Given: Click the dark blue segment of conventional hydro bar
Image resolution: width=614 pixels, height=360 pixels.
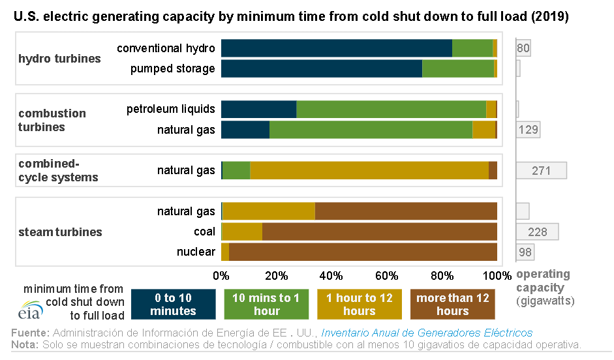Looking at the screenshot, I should click(336, 48).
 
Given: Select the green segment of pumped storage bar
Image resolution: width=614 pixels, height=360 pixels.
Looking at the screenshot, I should click(458, 68).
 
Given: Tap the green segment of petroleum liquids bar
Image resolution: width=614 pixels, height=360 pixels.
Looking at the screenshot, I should click(391, 109).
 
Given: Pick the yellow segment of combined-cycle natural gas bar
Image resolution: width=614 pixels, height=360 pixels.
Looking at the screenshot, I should click(369, 170).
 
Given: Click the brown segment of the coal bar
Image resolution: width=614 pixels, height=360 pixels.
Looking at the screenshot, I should click(379, 232).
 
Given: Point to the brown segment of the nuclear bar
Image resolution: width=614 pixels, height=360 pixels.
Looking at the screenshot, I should click(363, 252).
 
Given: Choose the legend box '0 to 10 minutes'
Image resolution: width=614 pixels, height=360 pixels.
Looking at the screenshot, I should click(173, 305).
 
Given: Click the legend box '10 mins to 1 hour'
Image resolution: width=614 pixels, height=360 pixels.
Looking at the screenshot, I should click(266, 305).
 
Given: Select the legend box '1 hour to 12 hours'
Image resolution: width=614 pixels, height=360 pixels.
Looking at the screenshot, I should click(359, 305).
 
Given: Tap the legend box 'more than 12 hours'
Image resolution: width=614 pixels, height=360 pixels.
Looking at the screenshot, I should click(452, 305).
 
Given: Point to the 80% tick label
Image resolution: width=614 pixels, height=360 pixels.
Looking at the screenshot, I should click(442, 274).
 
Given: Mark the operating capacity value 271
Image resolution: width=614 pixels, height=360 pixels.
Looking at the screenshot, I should click(541, 171).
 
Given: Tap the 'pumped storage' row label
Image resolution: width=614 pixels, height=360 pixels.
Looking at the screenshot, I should click(172, 68).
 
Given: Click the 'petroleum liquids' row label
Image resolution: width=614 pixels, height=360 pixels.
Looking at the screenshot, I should click(170, 109).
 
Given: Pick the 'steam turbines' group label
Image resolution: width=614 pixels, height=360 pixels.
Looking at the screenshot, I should click(60, 232).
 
